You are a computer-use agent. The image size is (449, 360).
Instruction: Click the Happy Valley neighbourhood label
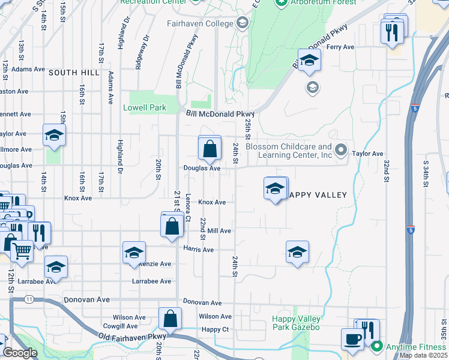[x=317, y=195]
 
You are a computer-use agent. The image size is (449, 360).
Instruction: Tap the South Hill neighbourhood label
[x=74, y=72]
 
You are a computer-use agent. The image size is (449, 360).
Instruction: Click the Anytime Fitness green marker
[x=377, y=346]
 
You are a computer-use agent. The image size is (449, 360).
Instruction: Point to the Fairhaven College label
[x=200, y=23]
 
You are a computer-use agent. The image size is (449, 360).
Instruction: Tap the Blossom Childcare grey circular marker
[x=342, y=149]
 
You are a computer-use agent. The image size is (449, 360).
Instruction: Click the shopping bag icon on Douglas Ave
[x=210, y=149]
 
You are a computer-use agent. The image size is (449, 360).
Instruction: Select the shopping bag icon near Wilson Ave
[x=170, y=319]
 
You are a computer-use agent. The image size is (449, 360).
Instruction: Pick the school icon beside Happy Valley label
[x=275, y=189]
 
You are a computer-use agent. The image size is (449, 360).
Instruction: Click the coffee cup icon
[x=352, y=339]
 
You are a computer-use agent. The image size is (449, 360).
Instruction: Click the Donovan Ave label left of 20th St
[x=87, y=299]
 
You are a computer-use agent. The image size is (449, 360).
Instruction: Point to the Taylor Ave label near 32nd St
[x=368, y=154]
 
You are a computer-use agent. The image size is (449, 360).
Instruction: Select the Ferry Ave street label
[x=340, y=47]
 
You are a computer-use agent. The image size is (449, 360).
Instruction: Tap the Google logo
[x=20, y=353]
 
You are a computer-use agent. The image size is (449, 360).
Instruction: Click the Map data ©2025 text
[x=423, y=355]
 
